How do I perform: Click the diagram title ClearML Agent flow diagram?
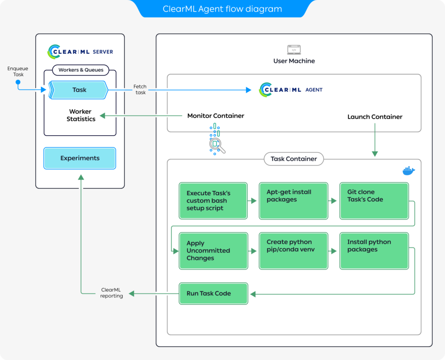[x=222, y=9]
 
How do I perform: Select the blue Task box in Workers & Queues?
[x=79, y=90]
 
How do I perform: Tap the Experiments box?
[x=80, y=158]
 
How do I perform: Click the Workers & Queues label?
[x=81, y=70]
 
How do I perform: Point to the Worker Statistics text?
[x=81, y=115]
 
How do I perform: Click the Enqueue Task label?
[x=18, y=72]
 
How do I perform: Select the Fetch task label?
[x=140, y=90]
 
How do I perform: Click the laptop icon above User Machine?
[x=294, y=50]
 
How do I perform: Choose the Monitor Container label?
[x=216, y=116]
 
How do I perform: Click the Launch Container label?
[x=375, y=117]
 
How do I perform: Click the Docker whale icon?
[x=408, y=171]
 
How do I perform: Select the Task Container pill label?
[x=293, y=159]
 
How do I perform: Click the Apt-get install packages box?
[x=293, y=200]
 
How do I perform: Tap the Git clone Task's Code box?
[x=374, y=200]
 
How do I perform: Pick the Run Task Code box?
[x=213, y=293]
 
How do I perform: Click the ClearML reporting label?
[x=111, y=293]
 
